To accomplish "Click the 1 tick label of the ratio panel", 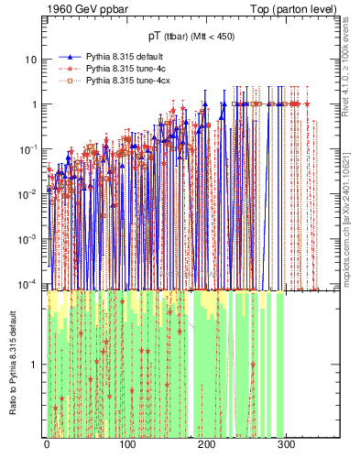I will point(36,365).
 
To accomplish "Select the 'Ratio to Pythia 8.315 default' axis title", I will point(12,365).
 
